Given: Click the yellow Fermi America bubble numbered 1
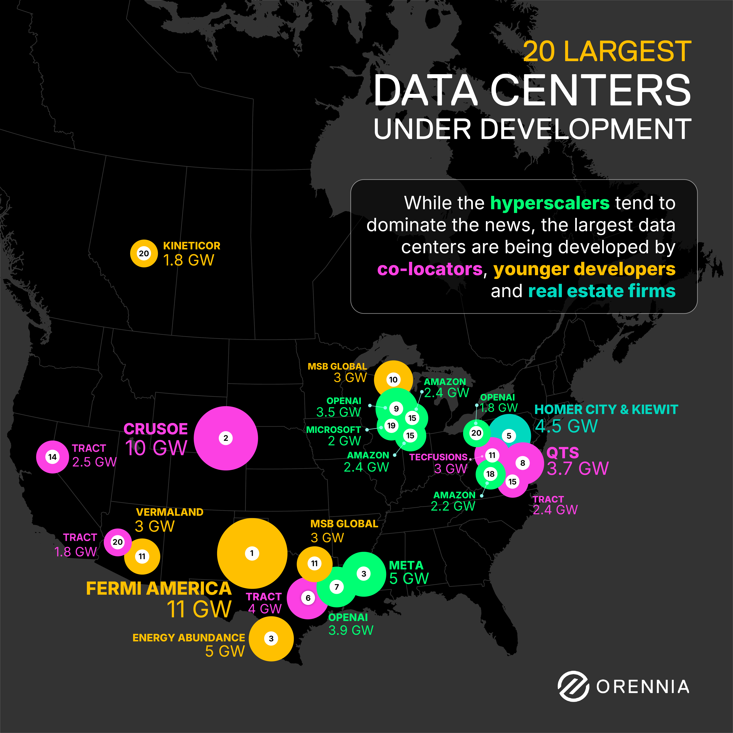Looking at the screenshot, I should pos(252,553).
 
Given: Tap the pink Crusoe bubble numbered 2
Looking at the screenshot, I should pos(226,438).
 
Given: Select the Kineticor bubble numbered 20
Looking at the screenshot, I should pos(144,253).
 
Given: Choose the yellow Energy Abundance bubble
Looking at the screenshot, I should pos(271,639).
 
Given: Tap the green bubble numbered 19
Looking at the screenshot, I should pos(391,426).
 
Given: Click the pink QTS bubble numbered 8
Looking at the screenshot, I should pos(523,463).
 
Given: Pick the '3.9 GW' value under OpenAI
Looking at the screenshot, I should pos(351,630).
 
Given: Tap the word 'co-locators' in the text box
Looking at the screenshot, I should pos(430,269).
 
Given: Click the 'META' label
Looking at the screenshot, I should pos(406,565).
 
